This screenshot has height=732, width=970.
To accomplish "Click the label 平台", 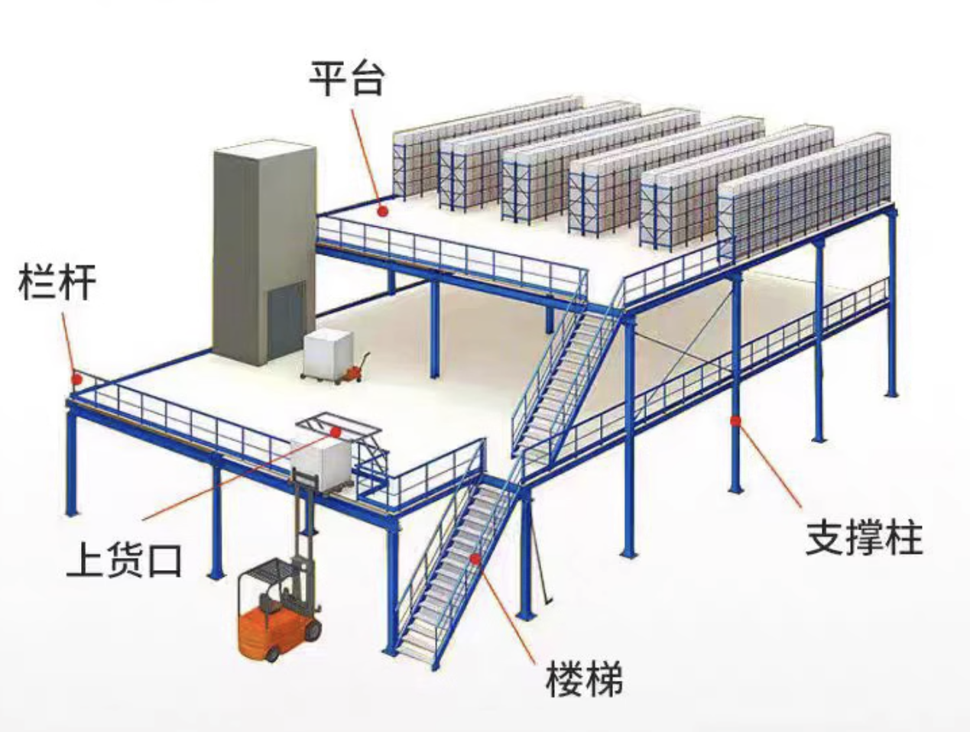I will click(346, 78).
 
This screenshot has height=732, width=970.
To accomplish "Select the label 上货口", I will click(124, 559).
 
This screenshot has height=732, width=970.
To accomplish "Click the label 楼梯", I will click(584, 678).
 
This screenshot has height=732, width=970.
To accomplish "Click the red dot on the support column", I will click(735, 419).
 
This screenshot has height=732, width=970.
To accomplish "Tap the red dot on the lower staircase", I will click(475, 559).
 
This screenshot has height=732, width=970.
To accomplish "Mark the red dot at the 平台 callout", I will click(383, 209).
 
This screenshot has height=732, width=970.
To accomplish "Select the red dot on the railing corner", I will click(76, 377).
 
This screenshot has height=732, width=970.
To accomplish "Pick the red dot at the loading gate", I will click(335, 431).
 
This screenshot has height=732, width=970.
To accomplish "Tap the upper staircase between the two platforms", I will click(566, 374).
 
